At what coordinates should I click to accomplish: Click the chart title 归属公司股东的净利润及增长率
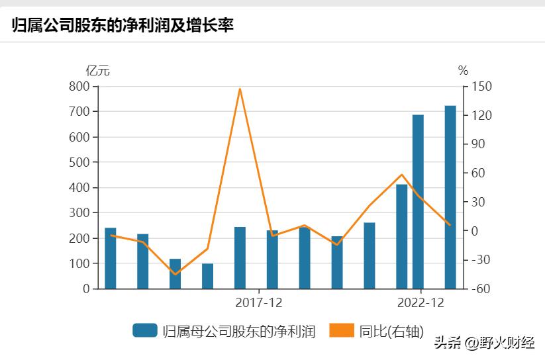123,25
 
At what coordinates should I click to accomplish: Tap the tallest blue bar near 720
450,197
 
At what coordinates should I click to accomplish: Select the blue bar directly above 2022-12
418,202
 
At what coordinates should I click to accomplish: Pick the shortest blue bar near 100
207,276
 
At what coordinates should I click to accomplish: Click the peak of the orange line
240,89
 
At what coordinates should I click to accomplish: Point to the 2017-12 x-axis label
258,302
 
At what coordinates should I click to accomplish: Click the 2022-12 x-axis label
421,302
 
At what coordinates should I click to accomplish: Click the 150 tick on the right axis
481,87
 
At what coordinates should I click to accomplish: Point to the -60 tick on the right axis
481,289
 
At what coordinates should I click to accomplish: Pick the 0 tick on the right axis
475,231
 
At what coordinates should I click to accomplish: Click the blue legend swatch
144,330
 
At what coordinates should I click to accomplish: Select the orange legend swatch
342,330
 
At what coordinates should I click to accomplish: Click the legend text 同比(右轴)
391,331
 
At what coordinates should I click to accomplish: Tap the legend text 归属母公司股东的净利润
238,331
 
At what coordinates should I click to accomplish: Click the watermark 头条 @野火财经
484,343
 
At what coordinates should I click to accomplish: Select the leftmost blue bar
110,258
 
